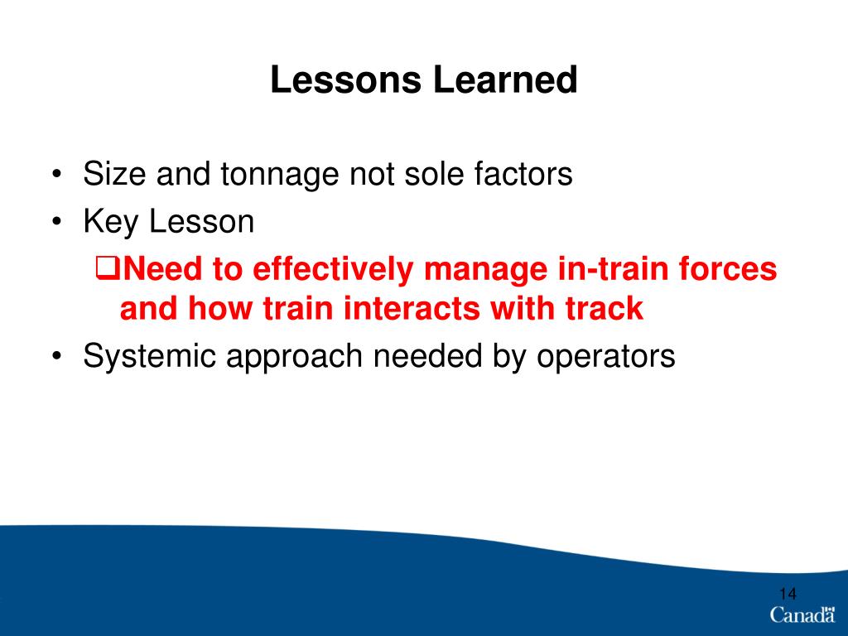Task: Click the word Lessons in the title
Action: pyautogui.click(x=345, y=79)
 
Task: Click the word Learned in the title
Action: pyautogui.click(x=505, y=79)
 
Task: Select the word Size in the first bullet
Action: pyautogui.click(x=114, y=174)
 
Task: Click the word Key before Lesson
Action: pyautogui.click(x=110, y=222)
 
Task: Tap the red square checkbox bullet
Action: pyautogui.click(x=108, y=267)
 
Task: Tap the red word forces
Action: pyautogui.click(x=728, y=269)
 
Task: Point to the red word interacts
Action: pyautogui.click(x=411, y=309)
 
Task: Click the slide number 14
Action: pyautogui.click(x=788, y=594)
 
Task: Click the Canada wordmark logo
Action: pyautogui.click(x=802, y=615)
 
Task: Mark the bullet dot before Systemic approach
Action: pyautogui.click(x=56, y=357)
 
